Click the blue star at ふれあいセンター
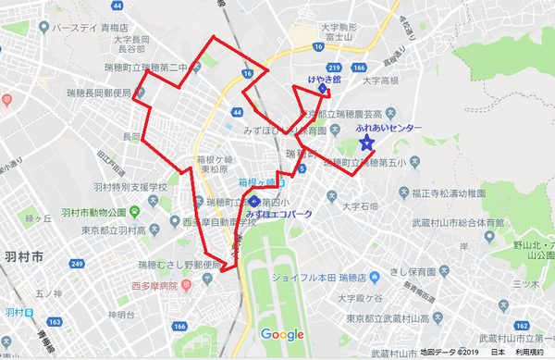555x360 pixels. pos(366,143)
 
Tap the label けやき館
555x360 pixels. pos(325,81)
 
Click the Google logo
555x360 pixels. pos(282,334)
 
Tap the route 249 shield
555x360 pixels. pos(76,265)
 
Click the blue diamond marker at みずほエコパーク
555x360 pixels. pos(254,201)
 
